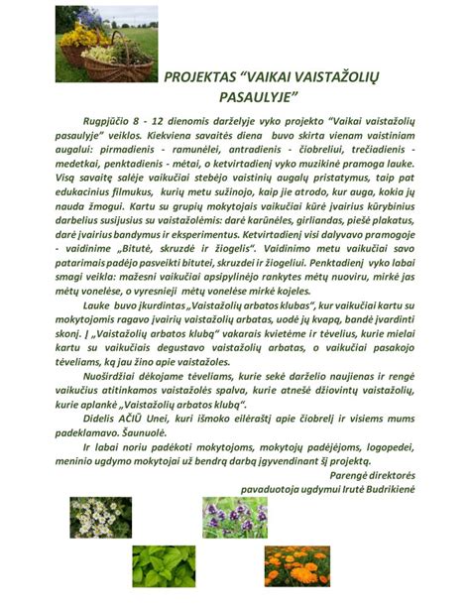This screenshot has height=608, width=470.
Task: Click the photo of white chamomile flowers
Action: click(100, 515)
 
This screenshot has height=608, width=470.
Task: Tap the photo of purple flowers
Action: click(234, 515)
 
